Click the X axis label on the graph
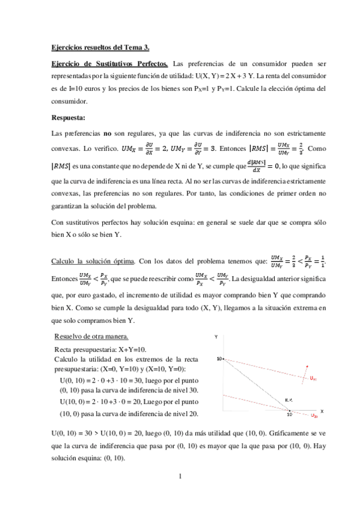click(322, 411)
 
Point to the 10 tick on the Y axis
click(219, 358)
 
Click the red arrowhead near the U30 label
click(307, 366)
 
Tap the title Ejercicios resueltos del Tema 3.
click(99, 47)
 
